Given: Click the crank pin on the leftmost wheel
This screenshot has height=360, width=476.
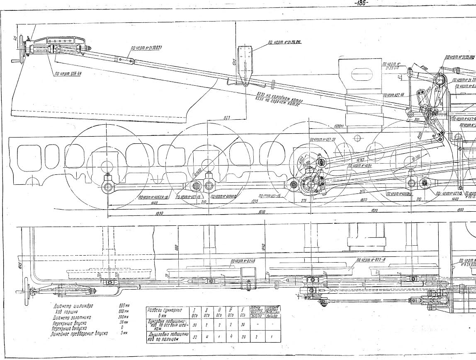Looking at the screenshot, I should click(x=108, y=186).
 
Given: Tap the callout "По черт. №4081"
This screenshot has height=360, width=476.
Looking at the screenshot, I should click(x=359, y=165).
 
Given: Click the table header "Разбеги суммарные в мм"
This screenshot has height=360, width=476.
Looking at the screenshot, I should click(x=165, y=312).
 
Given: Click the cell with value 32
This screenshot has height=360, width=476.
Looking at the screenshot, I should click(x=194, y=337).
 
